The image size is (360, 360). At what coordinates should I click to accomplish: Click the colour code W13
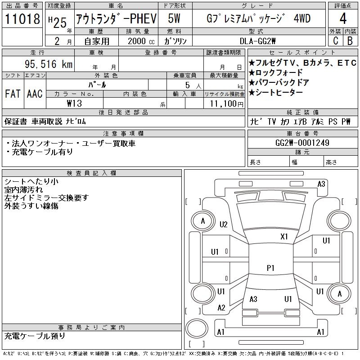pyautogui.click(x=74, y=103)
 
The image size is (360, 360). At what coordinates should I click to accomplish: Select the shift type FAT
pyautogui.click(x=13, y=94)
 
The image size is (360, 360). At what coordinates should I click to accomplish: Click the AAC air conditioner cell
pyautogui.click(x=35, y=94)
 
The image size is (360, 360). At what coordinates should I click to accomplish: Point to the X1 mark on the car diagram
pyautogui.click(x=284, y=236)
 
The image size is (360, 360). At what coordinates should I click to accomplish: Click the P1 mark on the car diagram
pyautogui.click(x=270, y=268)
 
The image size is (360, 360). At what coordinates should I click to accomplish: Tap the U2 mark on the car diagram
pyautogui.click(x=224, y=225)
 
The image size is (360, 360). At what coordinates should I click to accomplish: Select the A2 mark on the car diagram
pyautogui.click(x=221, y=308)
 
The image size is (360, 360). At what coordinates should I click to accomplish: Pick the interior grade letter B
pyautogui.click(x=350, y=41)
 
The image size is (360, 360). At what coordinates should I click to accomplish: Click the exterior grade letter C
pyautogui.click(x=335, y=41)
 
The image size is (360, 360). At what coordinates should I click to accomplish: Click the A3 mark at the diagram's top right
pyautogui.click(x=321, y=184)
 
